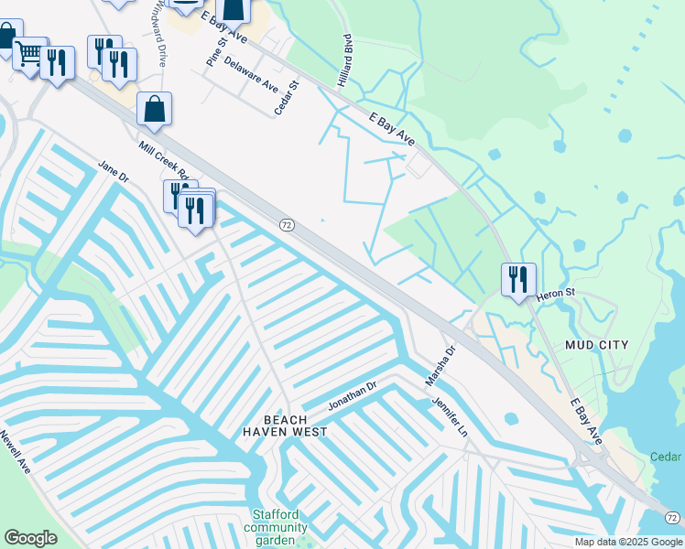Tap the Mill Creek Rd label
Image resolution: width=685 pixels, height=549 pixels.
point(164,162)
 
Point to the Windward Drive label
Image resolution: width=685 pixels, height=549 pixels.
point(160,32)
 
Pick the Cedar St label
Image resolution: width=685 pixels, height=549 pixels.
point(287,98)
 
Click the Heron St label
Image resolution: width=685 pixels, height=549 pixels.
point(555,293)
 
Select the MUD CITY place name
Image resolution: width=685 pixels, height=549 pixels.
point(597,345)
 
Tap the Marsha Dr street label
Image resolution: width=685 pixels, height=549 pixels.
point(440,364)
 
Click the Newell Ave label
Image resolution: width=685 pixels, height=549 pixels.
point(16,452)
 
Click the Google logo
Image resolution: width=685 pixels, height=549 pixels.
point(30,538)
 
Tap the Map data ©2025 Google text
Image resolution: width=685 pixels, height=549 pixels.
point(628,542)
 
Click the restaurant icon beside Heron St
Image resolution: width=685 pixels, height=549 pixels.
point(518,279)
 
